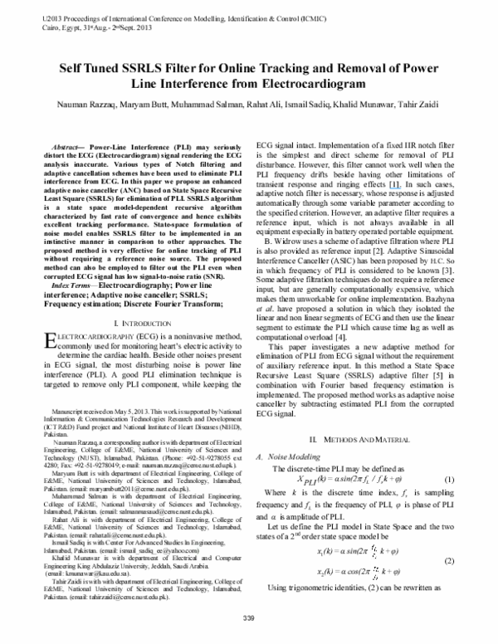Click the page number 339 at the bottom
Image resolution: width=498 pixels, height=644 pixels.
point(248,618)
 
